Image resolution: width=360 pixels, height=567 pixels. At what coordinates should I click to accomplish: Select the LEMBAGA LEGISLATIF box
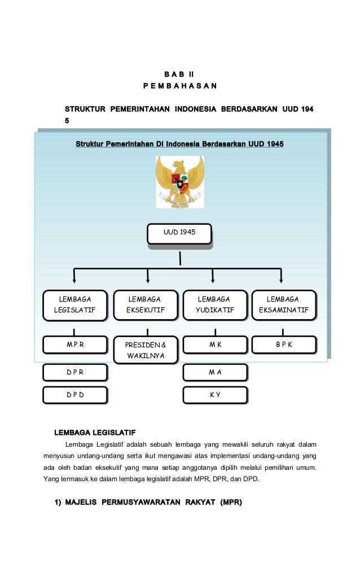(74, 304)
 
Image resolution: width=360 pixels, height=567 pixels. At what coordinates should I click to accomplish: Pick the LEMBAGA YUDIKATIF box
(214, 304)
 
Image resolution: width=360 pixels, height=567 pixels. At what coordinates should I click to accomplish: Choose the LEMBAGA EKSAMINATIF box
(283, 304)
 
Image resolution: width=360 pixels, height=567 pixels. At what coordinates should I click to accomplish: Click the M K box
(214, 344)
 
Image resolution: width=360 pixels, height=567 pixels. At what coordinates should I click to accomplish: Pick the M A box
(214, 372)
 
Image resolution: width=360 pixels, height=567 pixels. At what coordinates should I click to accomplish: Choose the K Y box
(214, 395)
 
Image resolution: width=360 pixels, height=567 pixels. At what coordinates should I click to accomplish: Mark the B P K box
(283, 344)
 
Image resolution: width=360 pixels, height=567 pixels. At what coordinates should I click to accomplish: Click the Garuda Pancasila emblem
(179, 181)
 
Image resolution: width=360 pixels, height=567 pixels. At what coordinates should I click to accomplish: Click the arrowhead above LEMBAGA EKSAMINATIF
(282, 279)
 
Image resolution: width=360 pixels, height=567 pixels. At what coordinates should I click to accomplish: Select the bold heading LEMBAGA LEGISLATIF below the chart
(95, 433)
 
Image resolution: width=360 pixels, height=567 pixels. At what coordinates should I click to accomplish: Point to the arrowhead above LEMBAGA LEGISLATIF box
(74, 279)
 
